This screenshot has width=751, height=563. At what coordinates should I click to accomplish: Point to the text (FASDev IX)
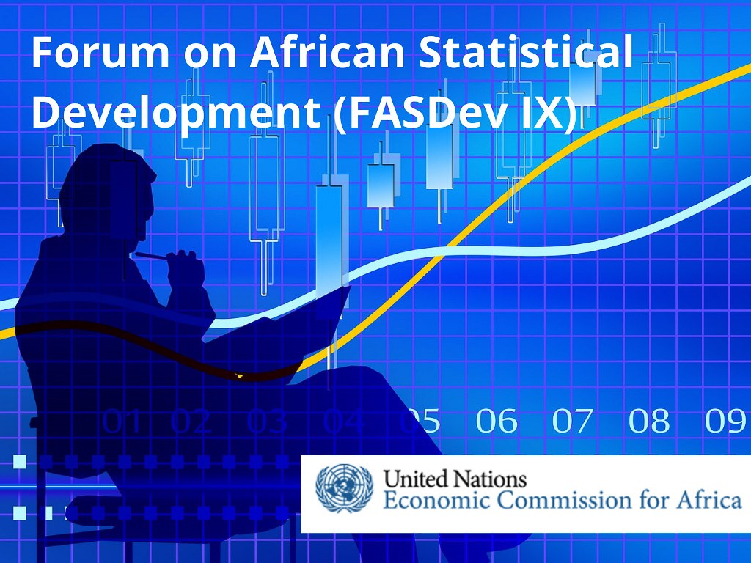[455, 113]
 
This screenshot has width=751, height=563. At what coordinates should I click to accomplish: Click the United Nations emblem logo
[344, 488]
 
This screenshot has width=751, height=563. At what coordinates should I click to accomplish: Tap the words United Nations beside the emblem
[455, 479]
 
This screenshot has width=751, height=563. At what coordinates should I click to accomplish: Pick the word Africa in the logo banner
[709, 500]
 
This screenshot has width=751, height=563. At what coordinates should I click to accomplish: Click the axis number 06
[497, 421]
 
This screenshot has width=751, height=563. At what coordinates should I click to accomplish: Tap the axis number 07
[572, 421]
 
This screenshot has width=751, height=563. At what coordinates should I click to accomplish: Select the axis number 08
[649, 421]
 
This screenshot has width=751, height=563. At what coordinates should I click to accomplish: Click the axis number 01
[122, 421]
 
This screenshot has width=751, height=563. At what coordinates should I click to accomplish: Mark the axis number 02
[191, 421]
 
